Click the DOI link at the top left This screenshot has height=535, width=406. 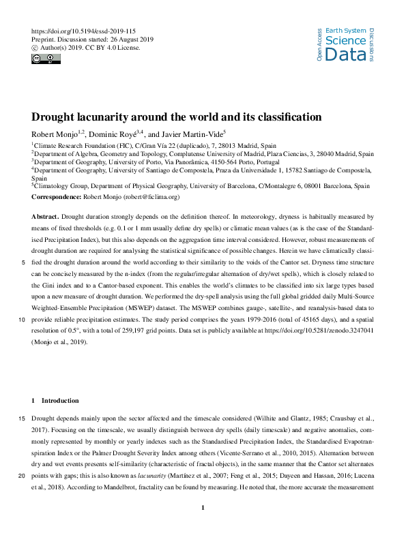[79, 31]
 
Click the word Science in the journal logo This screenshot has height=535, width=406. [346, 41]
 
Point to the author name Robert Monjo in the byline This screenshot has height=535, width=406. [55, 134]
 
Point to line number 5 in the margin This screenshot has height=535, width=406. [24, 262]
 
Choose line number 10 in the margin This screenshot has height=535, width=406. [23, 308]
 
